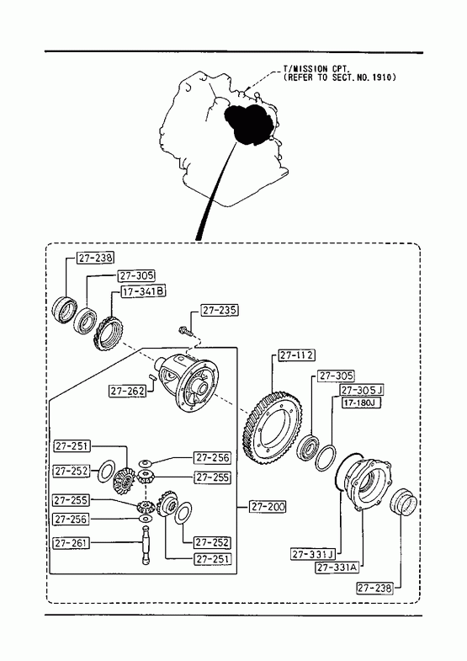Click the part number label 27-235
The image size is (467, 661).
(x=219, y=310)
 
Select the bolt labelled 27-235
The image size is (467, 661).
(x=186, y=332)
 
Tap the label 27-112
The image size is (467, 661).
(x=297, y=355)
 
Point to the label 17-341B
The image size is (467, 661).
(x=144, y=291)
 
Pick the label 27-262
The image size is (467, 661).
(x=127, y=391)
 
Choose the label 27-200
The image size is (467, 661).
(x=268, y=506)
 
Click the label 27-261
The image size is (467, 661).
(x=72, y=543)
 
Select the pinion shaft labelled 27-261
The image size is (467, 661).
(x=146, y=546)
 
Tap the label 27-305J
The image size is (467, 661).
(x=362, y=390)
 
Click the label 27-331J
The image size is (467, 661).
(x=312, y=554)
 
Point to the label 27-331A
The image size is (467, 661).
(x=337, y=568)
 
